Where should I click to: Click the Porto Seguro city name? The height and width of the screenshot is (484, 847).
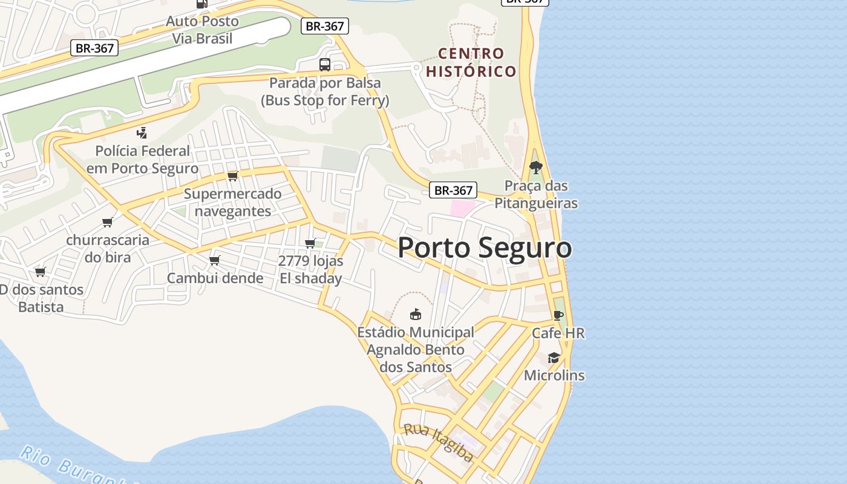(484, 248)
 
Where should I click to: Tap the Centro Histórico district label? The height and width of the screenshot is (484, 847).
(471, 62)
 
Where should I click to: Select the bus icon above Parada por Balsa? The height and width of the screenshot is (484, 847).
(325, 65)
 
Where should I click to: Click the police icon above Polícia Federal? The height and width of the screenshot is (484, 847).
(142, 132)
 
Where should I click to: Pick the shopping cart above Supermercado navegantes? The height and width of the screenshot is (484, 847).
(232, 176)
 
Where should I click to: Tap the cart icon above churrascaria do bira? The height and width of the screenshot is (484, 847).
(108, 222)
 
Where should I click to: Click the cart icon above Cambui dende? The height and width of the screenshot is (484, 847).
(214, 260)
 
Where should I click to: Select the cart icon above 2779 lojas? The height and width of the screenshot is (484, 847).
(310, 243)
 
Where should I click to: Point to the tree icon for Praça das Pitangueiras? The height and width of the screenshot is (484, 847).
(535, 168)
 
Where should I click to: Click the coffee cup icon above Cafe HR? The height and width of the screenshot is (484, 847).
(558, 315)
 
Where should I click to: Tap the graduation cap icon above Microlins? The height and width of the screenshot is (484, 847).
(554, 358)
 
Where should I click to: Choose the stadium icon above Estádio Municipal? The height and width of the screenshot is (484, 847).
(415, 314)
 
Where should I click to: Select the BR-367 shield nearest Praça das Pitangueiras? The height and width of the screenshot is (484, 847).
(453, 190)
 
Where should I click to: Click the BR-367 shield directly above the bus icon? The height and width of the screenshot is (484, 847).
(325, 26)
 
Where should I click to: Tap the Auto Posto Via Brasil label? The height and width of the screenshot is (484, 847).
(202, 30)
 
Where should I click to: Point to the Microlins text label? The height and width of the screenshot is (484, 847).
(554, 375)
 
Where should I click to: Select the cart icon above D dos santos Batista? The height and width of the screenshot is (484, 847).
(41, 272)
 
